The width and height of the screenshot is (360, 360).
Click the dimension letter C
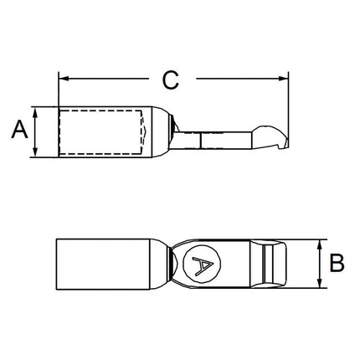171,80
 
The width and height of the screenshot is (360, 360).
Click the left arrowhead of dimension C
63,81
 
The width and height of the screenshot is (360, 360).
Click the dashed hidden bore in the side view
100,131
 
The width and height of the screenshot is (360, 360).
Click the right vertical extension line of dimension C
288,100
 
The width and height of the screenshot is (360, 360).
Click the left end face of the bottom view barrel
57,263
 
